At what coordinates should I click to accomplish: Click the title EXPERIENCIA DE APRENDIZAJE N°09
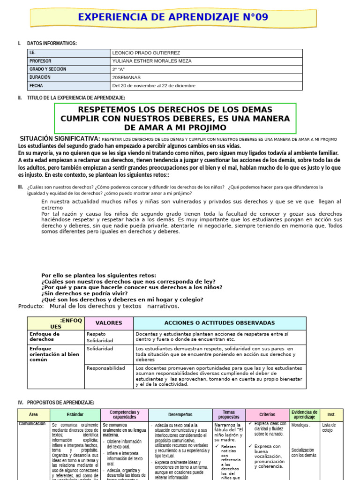[x=173, y=17]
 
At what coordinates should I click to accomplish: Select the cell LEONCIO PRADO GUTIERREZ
[x=146, y=53]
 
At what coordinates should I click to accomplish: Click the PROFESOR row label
[x=40, y=61]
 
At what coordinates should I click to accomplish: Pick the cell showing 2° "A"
[x=119, y=69]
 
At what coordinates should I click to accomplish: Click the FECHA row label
[x=36, y=86]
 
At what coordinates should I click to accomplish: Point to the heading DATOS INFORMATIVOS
[x=52, y=44]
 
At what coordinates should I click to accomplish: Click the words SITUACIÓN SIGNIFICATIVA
[x=60, y=139]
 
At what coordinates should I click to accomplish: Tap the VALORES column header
[x=109, y=323]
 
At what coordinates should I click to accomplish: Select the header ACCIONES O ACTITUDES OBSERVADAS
[x=219, y=323]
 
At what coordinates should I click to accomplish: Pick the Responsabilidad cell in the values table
[x=106, y=368]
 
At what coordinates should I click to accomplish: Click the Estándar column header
[x=75, y=415]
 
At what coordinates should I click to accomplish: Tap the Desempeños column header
[x=180, y=415]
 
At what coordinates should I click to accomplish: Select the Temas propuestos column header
[x=229, y=415]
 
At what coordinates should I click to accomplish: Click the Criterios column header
[x=267, y=415]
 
